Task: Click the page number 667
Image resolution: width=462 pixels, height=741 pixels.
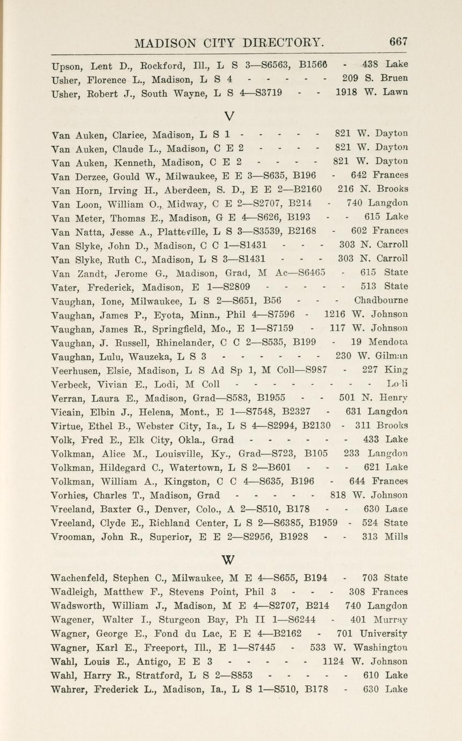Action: [399, 41]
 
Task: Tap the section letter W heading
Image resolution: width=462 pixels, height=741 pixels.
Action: [228, 560]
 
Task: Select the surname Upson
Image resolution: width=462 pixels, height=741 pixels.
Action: [67, 67]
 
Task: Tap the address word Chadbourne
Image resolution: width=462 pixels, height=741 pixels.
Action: [381, 300]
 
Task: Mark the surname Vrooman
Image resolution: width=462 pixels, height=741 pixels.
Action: [72, 537]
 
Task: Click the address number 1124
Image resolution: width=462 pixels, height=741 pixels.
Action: [334, 661]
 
